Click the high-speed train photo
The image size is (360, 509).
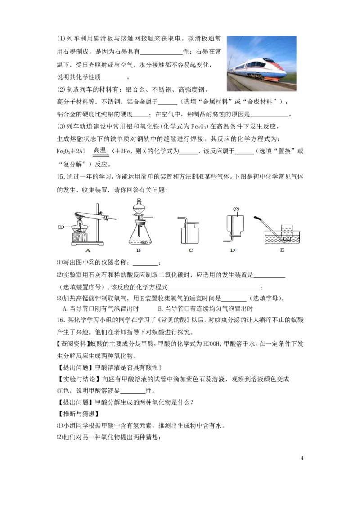[261, 64]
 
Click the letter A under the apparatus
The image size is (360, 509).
[88, 250]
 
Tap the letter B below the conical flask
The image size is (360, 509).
[139, 250]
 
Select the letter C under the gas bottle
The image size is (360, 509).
[191, 250]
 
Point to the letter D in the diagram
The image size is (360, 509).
[233, 250]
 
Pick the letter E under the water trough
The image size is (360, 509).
[282, 250]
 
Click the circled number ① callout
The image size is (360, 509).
[63, 227]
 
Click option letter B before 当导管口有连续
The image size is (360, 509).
[161, 308]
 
